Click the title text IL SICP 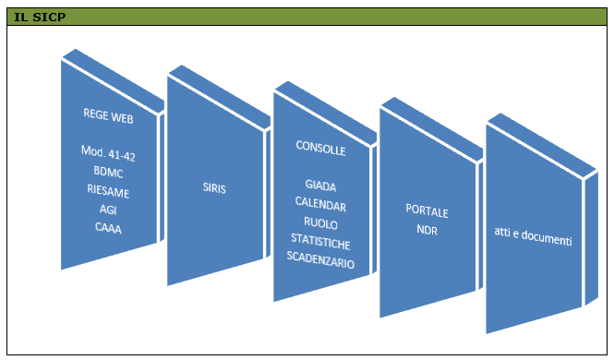(x=40, y=17)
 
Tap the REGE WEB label (x=108, y=115)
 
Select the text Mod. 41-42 (x=108, y=153)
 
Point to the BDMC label (x=108, y=172)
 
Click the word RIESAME (x=108, y=190)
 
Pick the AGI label (x=108, y=210)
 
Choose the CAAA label (x=108, y=227)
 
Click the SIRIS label (x=214, y=187)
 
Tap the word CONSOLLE (x=320, y=148)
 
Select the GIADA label (x=320, y=186)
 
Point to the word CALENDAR (x=320, y=204)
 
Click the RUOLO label (x=320, y=222)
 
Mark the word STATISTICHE (x=320, y=242)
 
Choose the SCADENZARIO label (x=320, y=260)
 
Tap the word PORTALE (x=427, y=210)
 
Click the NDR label (x=427, y=229)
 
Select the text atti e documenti (x=533, y=236)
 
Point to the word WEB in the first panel (x=122, y=117)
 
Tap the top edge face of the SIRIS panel (x=220, y=96)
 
